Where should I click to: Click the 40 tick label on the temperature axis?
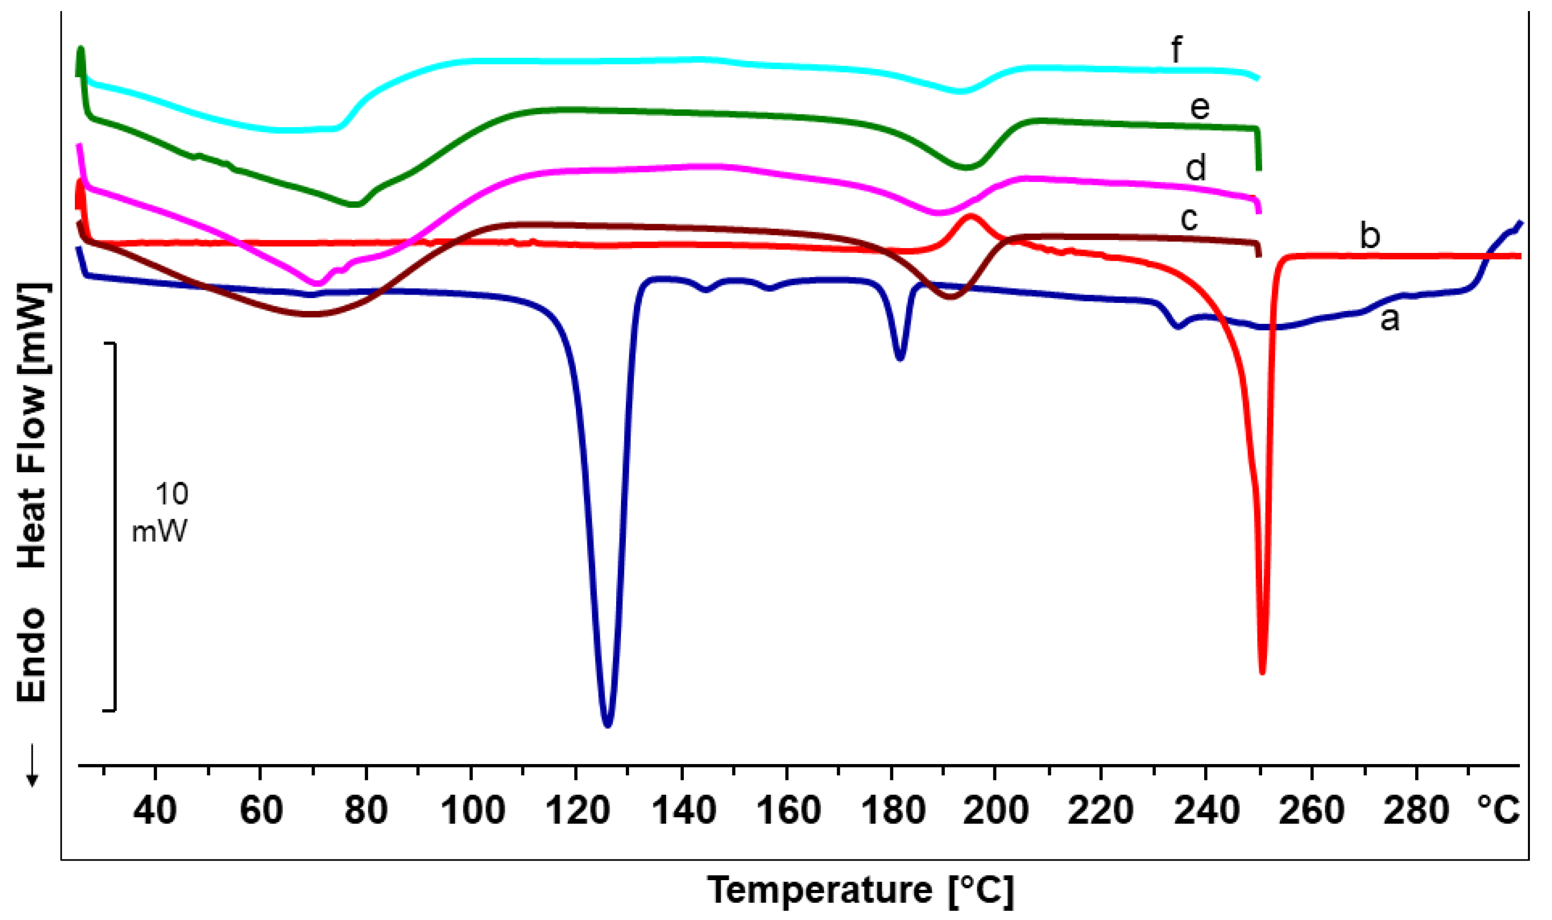coord(155,810)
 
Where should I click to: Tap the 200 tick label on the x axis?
coord(996,810)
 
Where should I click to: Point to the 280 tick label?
coord(1416,810)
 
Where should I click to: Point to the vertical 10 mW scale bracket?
coord(115,527)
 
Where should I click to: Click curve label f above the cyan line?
coord(1176,49)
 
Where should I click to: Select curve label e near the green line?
coord(1200,108)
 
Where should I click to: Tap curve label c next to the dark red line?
coord(1189,219)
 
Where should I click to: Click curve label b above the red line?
coord(1370,236)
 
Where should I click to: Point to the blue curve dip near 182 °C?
coord(900,357)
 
